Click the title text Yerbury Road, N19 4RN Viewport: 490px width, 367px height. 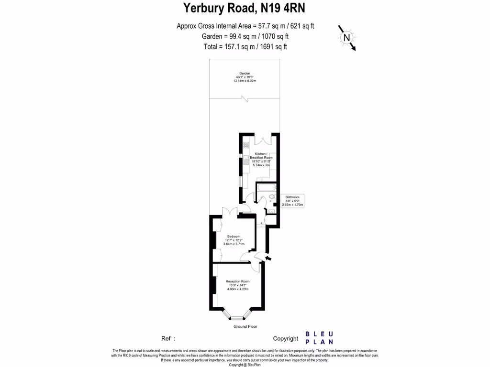pyautogui.click(x=245, y=8)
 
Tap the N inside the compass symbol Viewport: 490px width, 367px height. pyautogui.click(x=347, y=37)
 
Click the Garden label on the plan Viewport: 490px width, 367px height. pyautogui.click(x=245, y=73)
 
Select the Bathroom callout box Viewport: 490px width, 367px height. pyautogui.click(x=292, y=201)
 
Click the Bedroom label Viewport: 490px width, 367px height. pyautogui.click(x=234, y=236)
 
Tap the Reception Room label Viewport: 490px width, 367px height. pyautogui.click(x=238, y=281)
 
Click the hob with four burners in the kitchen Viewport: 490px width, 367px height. pyautogui.click(x=245, y=145)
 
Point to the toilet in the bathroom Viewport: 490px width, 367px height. pyautogui.click(x=272, y=196)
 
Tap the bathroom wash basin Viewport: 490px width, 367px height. pyautogui.click(x=271, y=211)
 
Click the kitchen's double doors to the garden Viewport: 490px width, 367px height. pyautogui.click(x=263, y=140)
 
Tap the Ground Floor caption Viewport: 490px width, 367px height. pyautogui.click(x=245, y=326)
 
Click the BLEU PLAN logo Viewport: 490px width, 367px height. pyautogui.click(x=319, y=338)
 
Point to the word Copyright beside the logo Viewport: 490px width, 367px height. pyautogui.click(x=286, y=338)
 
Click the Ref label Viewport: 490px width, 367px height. pyautogui.click(x=167, y=338)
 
